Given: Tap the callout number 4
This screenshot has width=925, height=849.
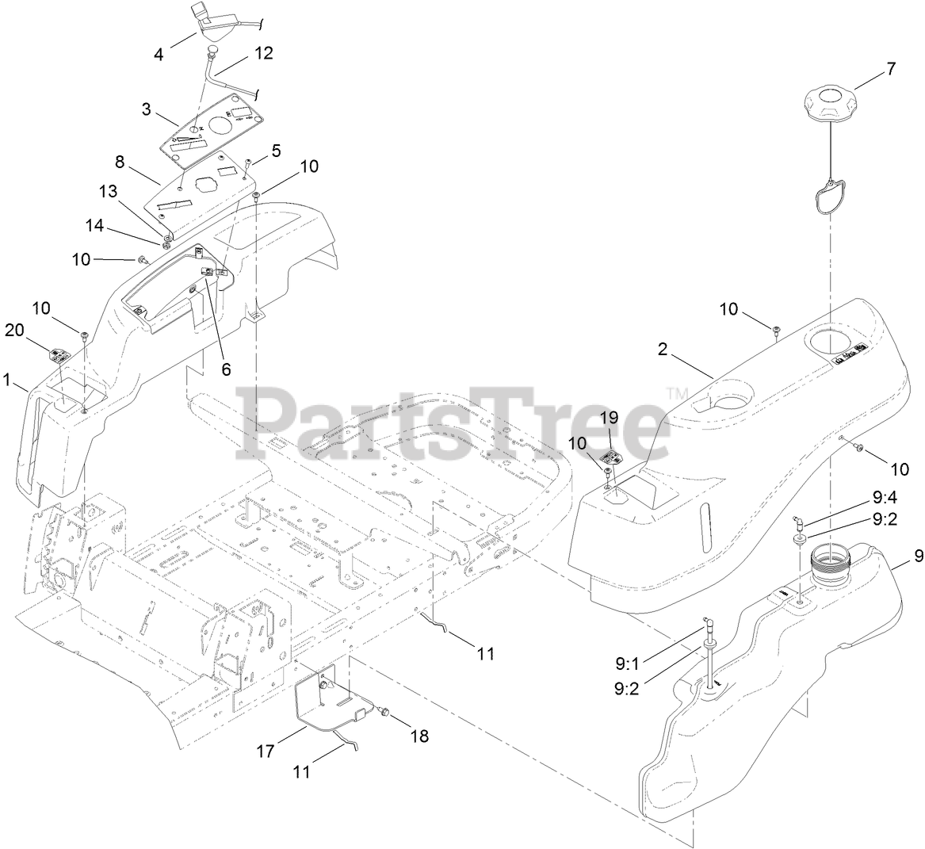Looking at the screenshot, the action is coord(159,55).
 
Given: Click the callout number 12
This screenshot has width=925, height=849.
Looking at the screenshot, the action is coord(264,53).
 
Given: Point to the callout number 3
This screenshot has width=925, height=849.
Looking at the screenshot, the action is coord(146,109).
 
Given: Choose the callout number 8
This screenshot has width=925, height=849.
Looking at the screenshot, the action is coord(120,162).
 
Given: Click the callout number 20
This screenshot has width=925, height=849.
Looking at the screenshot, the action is coord(15,331).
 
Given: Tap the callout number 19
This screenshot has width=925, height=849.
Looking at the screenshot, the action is coord(608,416).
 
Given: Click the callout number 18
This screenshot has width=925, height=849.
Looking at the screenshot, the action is coord(419,736).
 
